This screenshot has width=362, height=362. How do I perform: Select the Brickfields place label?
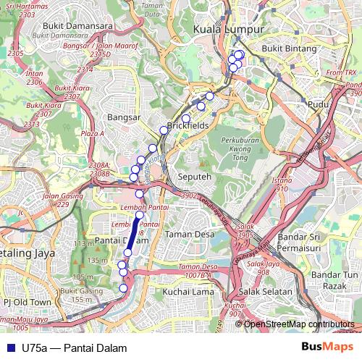tap(188, 125)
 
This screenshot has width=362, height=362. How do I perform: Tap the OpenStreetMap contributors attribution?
tap(298, 324)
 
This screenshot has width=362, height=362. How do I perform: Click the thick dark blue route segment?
tap(133, 233)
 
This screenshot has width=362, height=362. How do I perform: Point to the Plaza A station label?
tap(93, 134)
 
